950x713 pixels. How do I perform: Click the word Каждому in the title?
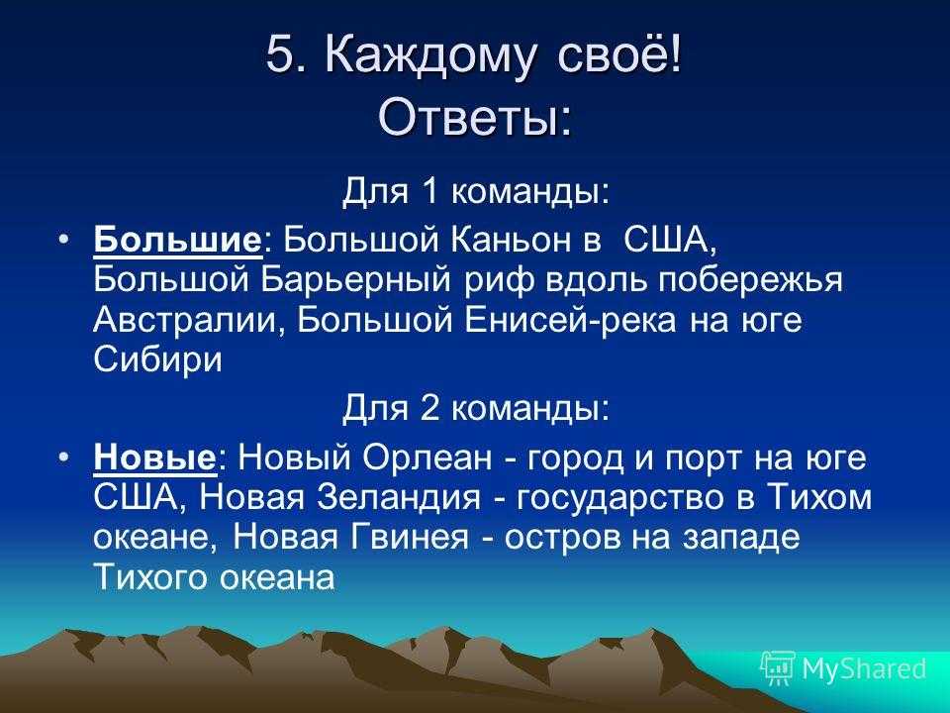(x=430, y=55)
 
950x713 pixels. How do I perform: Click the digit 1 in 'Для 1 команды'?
(x=427, y=191)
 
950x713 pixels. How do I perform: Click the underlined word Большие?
(x=177, y=240)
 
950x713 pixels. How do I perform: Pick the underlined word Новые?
(x=154, y=458)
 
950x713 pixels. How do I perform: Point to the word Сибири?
(x=157, y=360)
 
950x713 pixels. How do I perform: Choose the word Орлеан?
(x=427, y=458)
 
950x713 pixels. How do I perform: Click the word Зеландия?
(x=398, y=498)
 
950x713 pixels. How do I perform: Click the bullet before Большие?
(x=65, y=240)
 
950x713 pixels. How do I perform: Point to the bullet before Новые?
(x=65, y=458)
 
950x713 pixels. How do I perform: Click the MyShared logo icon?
(x=778, y=667)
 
